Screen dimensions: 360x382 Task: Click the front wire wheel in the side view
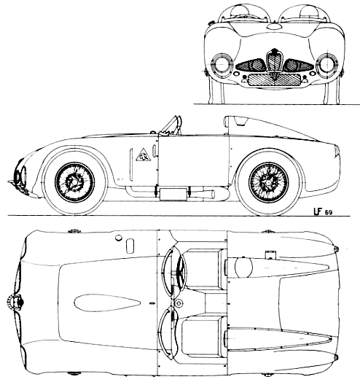74,182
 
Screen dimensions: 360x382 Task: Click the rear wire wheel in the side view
268,182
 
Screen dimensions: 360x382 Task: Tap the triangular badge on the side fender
144,155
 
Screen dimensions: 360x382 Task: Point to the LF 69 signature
322,211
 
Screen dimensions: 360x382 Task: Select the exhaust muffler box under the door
173,194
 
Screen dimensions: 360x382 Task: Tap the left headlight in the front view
222,64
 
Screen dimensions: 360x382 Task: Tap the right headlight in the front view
327,64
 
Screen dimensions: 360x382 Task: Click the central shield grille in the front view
274,61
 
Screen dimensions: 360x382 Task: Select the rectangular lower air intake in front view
274,79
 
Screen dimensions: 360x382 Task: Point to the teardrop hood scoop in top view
107,303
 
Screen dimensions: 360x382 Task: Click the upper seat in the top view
204,270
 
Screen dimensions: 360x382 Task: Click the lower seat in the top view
204,337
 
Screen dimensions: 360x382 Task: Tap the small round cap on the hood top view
118,238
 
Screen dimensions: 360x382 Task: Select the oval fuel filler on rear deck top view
243,268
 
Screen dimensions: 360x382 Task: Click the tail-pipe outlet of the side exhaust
213,194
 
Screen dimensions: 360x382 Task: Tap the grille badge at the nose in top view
15,302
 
